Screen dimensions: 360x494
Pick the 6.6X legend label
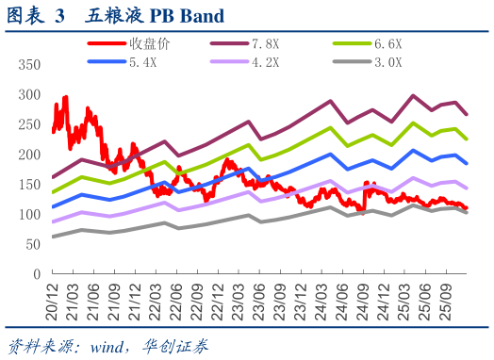pos(388,44)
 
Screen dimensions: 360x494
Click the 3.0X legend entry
pos(388,63)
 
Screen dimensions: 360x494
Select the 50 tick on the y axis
pos(31,244)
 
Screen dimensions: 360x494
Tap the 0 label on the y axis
pos(35,274)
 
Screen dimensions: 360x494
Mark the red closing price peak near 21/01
pos(65,97)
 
